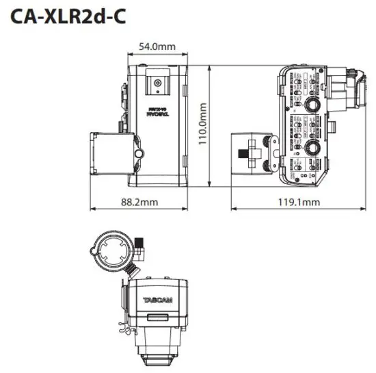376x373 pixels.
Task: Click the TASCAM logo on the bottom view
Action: pos(158,300)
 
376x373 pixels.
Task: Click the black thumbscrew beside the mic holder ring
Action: pos(140,244)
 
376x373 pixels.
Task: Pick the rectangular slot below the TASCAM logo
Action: pos(158,318)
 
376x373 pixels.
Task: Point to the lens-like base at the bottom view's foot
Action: pos(158,356)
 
